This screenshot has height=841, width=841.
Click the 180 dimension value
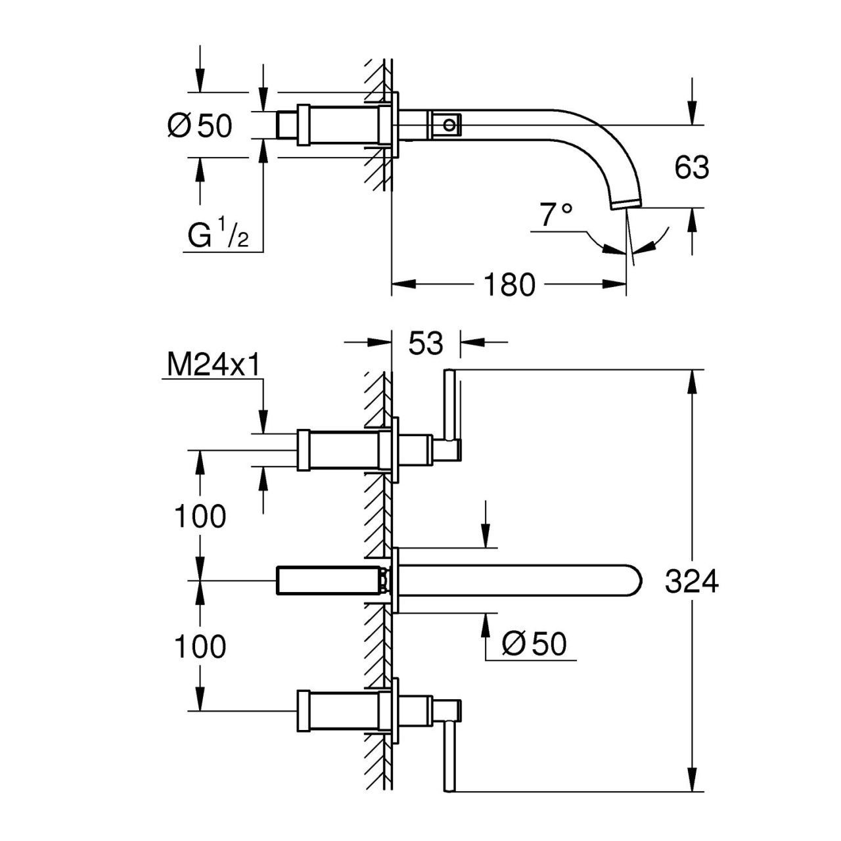point(509,284)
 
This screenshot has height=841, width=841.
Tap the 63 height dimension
point(691,168)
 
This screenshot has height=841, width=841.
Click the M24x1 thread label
point(211,366)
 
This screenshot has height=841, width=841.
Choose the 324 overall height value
point(691,582)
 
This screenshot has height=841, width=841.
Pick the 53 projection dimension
point(426,342)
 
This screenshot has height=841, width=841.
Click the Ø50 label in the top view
point(200,125)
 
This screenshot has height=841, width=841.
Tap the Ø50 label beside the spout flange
point(534,644)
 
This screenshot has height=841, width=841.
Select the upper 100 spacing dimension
point(200,516)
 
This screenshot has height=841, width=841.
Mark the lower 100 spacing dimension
point(200,647)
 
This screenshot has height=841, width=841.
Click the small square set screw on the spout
point(449,124)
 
